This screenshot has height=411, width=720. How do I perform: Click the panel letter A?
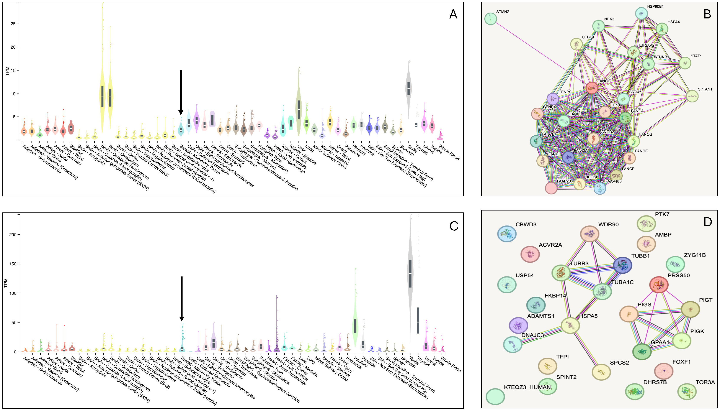tap(453, 14)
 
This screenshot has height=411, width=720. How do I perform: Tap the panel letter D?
tap(708, 222)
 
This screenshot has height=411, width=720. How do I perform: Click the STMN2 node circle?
tap(490, 19)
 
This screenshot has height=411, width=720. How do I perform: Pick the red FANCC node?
tap(592, 88)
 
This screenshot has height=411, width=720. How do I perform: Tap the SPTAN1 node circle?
tap(692, 96)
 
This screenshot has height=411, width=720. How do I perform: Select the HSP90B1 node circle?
tap(641, 13)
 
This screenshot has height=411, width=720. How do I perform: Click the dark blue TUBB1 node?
tap(622, 265)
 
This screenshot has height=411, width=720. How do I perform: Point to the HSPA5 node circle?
tap(570, 326)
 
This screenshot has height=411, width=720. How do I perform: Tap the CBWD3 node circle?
tap(507, 234)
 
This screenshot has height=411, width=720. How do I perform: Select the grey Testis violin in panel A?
tap(409, 89)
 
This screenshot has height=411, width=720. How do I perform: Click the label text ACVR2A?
tap(550, 245)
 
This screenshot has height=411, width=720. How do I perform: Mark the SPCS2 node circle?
tap(601, 372)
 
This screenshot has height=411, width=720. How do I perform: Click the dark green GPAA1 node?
tap(642, 352)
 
